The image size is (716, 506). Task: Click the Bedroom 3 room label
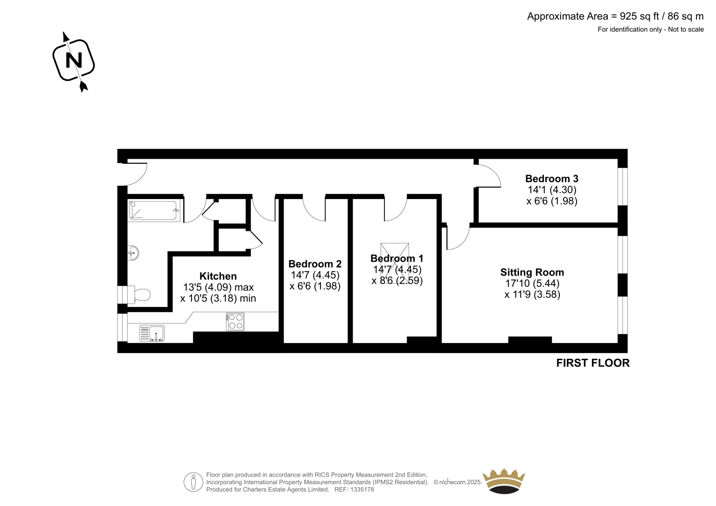point(552,179)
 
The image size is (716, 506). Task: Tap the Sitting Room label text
point(532,272)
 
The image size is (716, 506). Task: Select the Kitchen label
point(218,276)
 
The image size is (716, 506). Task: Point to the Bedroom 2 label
point(315,264)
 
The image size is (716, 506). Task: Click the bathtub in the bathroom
point(154,210)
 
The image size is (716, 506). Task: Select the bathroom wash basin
point(133,253)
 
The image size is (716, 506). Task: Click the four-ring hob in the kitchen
point(235,321)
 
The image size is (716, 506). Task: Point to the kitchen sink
point(152,333)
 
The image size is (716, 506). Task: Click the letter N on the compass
point(73,60)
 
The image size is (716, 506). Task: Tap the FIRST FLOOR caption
point(593,363)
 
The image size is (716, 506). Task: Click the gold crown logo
point(504,481)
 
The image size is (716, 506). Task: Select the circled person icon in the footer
point(193,482)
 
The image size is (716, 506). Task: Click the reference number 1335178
point(362,489)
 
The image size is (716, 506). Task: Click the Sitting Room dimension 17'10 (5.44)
point(532,283)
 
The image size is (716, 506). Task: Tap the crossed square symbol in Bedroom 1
point(394,261)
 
